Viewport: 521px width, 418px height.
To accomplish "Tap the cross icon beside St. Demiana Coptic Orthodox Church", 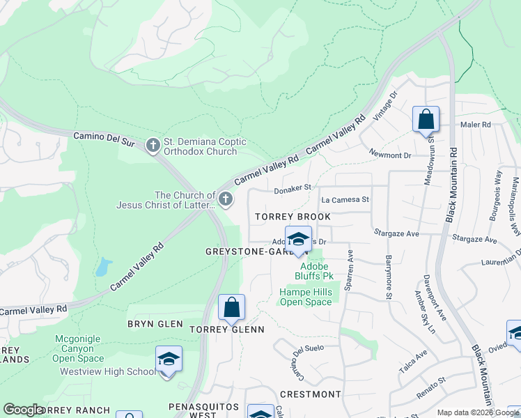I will (x=153, y=146).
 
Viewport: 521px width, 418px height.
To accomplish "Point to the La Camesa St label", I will (x=344, y=200).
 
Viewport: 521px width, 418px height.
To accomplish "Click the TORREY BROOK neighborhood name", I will (x=293, y=217).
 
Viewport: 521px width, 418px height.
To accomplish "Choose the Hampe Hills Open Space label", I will (x=306, y=297).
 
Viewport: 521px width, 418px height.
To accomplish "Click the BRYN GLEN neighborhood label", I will (x=155, y=324).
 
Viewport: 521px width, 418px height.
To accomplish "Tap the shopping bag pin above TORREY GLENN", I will (x=231, y=309).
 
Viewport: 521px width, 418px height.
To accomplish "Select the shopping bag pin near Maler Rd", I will (x=426, y=120).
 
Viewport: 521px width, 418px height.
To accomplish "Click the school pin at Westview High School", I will (x=168, y=360).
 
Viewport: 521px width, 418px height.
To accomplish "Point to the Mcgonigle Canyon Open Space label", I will (x=78, y=348).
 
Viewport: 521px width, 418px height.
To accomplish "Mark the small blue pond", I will (x=104, y=267).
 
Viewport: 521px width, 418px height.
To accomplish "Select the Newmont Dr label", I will (x=387, y=155).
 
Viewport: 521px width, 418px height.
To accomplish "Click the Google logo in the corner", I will (x=23, y=410).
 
